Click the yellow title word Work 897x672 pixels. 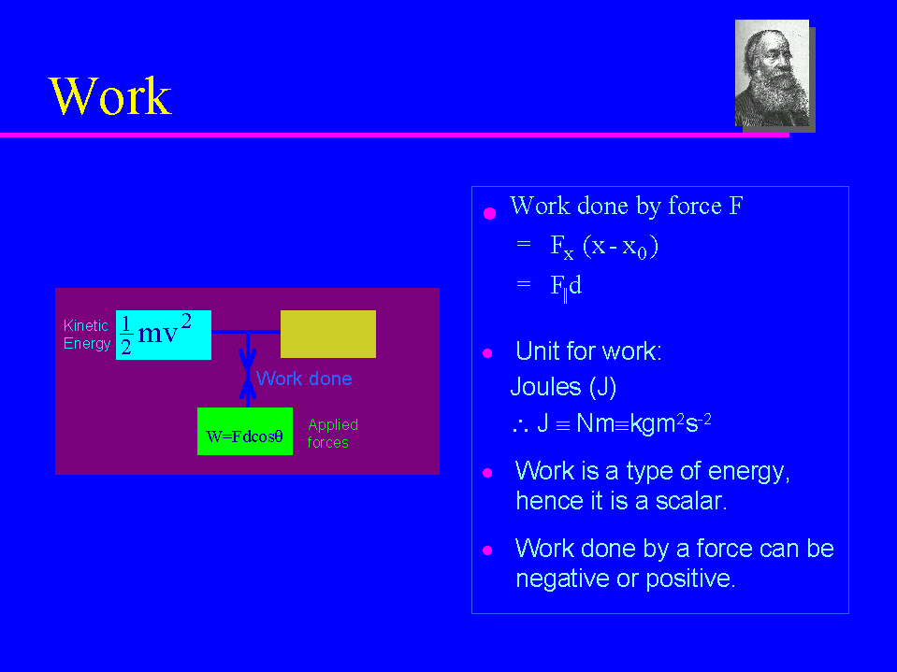click(x=110, y=96)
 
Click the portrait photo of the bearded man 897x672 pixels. click(x=772, y=73)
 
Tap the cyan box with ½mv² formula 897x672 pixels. click(x=164, y=335)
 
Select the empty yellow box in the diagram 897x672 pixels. click(x=327, y=335)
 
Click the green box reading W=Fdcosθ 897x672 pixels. click(x=245, y=432)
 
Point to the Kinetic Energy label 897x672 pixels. click(x=86, y=335)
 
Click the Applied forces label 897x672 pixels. click(x=332, y=433)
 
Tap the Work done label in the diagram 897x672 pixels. click(x=304, y=379)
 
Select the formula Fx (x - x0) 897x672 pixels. click(x=604, y=247)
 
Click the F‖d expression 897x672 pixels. click(x=566, y=286)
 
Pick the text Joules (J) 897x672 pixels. click(x=563, y=387)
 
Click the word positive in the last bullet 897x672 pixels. click(x=690, y=579)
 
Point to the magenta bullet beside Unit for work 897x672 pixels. click(x=487, y=353)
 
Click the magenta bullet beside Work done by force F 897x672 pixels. click(x=490, y=214)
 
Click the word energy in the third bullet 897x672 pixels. click(x=749, y=472)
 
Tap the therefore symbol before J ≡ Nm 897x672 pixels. click(x=520, y=425)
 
